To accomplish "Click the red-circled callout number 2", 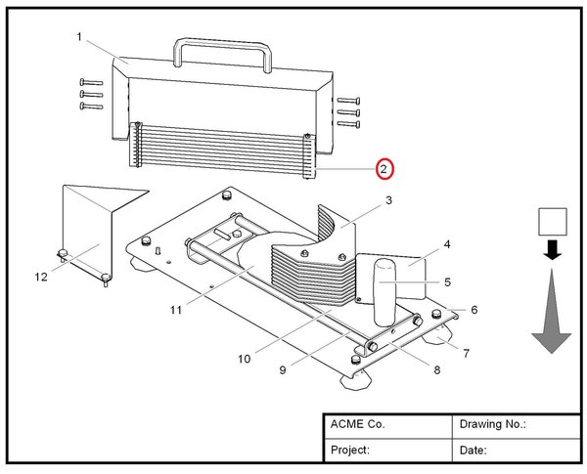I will pyautogui.click(x=385, y=169).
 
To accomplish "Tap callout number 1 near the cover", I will pyautogui.click(x=79, y=37).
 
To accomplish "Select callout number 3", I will pyautogui.click(x=388, y=201).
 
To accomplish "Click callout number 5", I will pyautogui.click(x=447, y=281).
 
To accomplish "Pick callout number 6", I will pyautogui.click(x=474, y=310).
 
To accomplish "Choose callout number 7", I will pyautogui.click(x=466, y=353).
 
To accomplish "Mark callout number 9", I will pyautogui.click(x=282, y=369).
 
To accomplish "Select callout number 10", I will pyautogui.click(x=244, y=359).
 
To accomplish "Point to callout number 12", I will pyautogui.click(x=41, y=277).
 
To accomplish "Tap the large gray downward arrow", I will pyautogui.click(x=552, y=313).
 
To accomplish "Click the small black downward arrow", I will pyautogui.click(x=553, y=250).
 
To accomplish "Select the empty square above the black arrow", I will pyautogui.click(x=553, y=222).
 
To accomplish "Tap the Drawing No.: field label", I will pyautogui.click(x=492, y=425).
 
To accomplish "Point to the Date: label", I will pyautogui.click(x=473, y=450).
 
